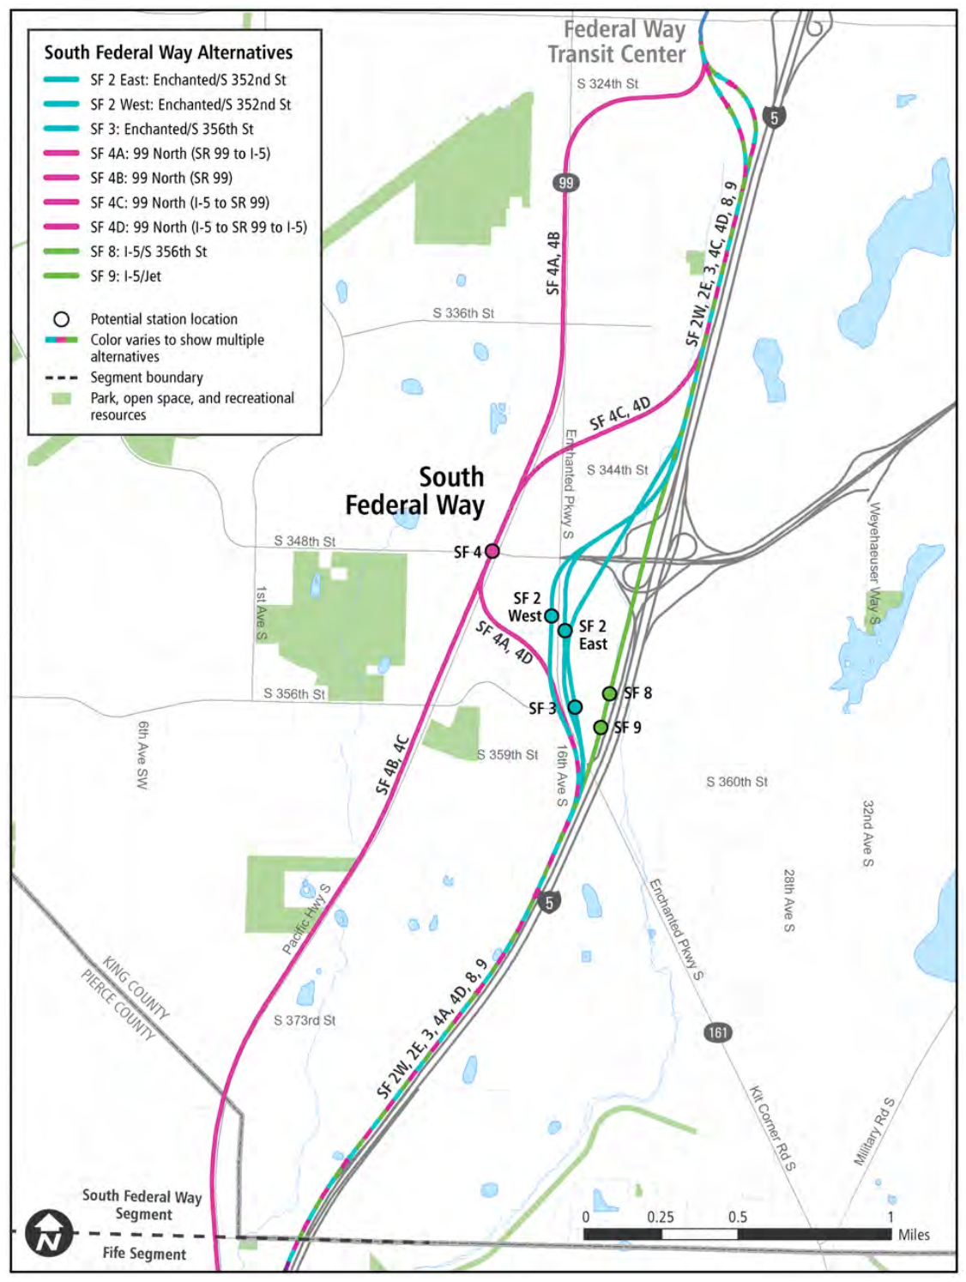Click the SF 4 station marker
(x=492, y=551)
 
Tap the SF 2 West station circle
(x=552, y=616)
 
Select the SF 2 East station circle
(x=565, y=631)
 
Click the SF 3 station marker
(x=575, y=707)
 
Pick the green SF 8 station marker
(x=609, y=693)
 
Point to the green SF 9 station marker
(x=601, y=728)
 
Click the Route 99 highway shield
(x=565, y=183)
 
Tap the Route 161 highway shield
(x=718, y=1032)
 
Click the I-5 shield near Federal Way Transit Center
(x=774, y=118)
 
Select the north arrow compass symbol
(x=49, y=1234)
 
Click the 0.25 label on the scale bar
(x=660, y=1217)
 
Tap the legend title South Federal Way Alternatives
(x=168, y=52)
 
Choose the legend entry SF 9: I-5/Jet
(x=125, y=276)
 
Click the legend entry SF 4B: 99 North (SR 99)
(x=161, y=178)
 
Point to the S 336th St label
(x=463, y=313)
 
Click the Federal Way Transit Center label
(x=617, y=42)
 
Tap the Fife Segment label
(x=143, y=1253)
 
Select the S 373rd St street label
(x=305, y=1020)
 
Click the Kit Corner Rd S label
(x=772, y=1128)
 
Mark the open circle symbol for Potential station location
(x=61, y=319)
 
